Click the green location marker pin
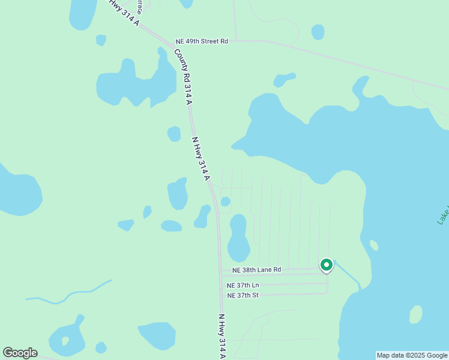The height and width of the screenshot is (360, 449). coord(327,265)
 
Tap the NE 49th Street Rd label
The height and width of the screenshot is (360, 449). coord(202,41)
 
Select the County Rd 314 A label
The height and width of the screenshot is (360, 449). coord(184,77)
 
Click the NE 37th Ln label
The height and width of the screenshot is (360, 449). coord(243,285)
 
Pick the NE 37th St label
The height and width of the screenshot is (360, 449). coord(243,295)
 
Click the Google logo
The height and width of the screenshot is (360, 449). coord(20,352)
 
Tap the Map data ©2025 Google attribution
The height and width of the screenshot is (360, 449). coord(412,355)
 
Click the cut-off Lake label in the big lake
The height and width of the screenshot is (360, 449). coord(443,215)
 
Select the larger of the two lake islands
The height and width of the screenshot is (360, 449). coord(415,314)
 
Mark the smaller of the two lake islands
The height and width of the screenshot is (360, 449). coord(374,245)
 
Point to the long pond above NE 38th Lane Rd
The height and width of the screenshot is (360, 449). coord(238,237)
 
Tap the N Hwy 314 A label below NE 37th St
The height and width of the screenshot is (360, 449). coord(221,336)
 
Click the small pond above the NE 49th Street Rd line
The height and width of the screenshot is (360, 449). coord(318,32)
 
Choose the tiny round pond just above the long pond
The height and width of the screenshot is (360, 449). coord(225,202)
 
